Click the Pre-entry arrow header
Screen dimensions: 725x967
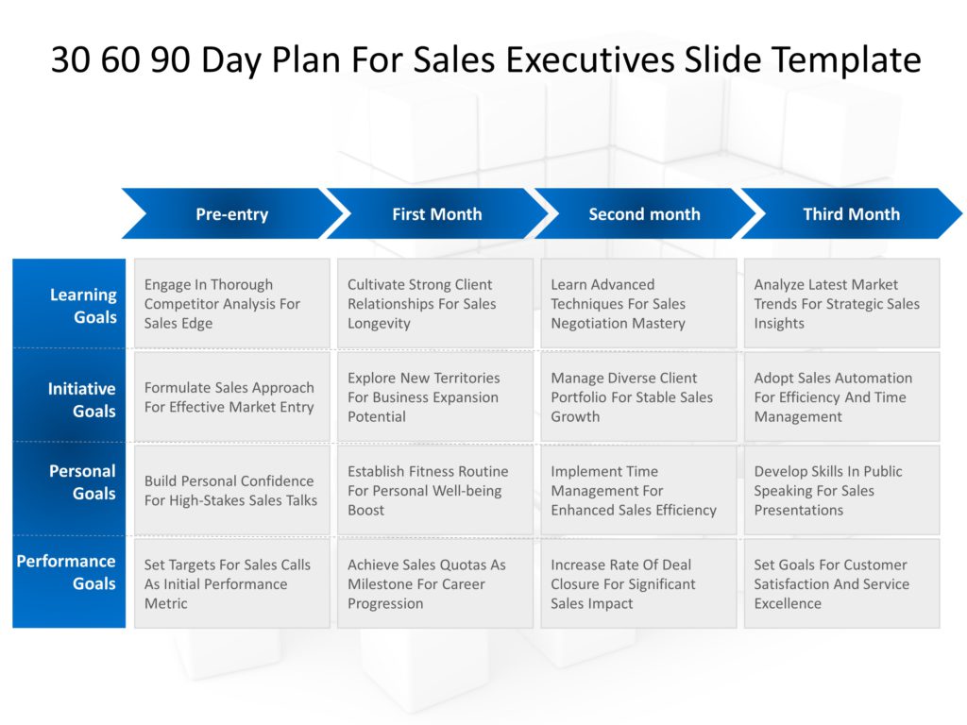pyautogui.click(x=231, y=214)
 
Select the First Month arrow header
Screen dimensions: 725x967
pyautogui.click(x=436, y=214)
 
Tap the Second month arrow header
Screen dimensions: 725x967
pyautogui.click(x=644, y=214)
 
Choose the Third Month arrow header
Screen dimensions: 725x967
pyautogui.click(x=851, y=214)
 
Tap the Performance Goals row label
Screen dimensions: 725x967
pyautogui.click(x=69, y=572)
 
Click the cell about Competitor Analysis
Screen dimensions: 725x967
pyautogui.click(x=232, y=304)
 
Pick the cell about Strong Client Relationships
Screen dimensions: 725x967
pyautogui.click(x=435, y=304)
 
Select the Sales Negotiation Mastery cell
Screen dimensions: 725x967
pyautogui.click(x=638, y=304)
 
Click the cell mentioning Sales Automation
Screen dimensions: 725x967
pyautogui.click(x=841, y=397)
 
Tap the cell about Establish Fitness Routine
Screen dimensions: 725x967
pyautogui.click(x=435, y=490)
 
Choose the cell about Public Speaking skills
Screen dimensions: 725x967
pyautogui.click(x=841, y=490)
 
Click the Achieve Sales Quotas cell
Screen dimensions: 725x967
pyautogui.click(x=435, y=583)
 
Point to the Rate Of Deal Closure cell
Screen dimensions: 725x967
pyautogui.click(x=638, y=583)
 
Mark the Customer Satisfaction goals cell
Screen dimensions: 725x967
pyautogui.click(x=841, y=583)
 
